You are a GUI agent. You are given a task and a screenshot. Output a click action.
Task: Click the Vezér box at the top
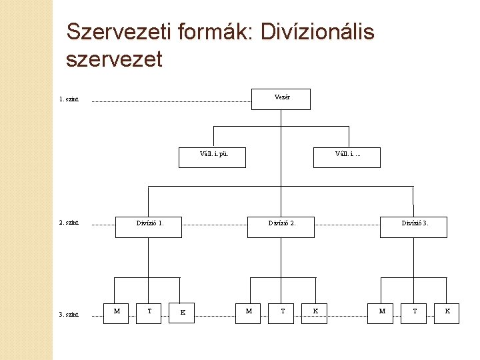[x=281, y=98]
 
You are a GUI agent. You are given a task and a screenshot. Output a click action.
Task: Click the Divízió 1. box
[x=149, y=225]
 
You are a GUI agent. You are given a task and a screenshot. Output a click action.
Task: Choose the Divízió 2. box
[x=281, y=225]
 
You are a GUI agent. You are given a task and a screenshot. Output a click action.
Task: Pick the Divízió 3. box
[x=414, y=225]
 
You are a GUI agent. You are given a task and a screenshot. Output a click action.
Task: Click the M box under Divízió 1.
[x=116, y=311]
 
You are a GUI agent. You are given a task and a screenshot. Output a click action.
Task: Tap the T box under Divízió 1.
[x=149, y=311]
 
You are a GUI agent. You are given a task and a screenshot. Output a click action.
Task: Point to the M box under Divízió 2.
[x=248, y=311]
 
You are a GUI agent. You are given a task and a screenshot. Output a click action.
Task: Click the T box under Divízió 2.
[x=283, y=311]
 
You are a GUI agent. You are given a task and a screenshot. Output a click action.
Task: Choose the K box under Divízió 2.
[x=315, y=311]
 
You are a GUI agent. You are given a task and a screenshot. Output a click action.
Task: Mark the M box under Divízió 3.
[x=381, y=311]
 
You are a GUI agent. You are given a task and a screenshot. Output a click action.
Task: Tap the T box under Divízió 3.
[x=415, y=311]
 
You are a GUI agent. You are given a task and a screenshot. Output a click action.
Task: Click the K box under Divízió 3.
[x=447, y=311]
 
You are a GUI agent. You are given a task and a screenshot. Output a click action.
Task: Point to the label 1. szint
[x=69, y=100]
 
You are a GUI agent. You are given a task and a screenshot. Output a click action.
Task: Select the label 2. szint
[x=69, y=223]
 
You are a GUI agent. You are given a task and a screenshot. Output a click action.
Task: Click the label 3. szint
[x=69, y=314]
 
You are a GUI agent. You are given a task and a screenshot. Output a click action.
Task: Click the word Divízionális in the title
[x=317, y=31]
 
